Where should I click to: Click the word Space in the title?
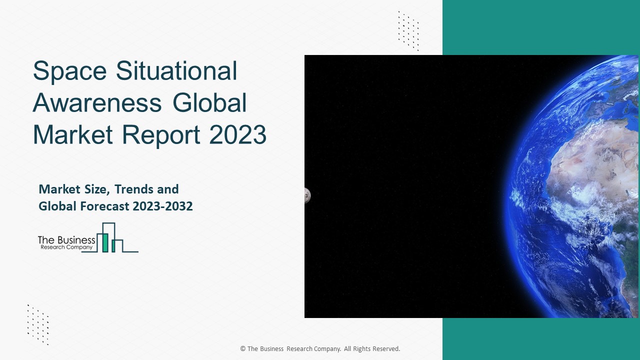point(70,71)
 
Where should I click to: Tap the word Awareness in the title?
point(97,103)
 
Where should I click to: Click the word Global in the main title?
point(210,103)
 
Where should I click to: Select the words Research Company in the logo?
point(65,247)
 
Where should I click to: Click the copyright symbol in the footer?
point(242,349)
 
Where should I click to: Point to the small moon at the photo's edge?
point(307,195)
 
